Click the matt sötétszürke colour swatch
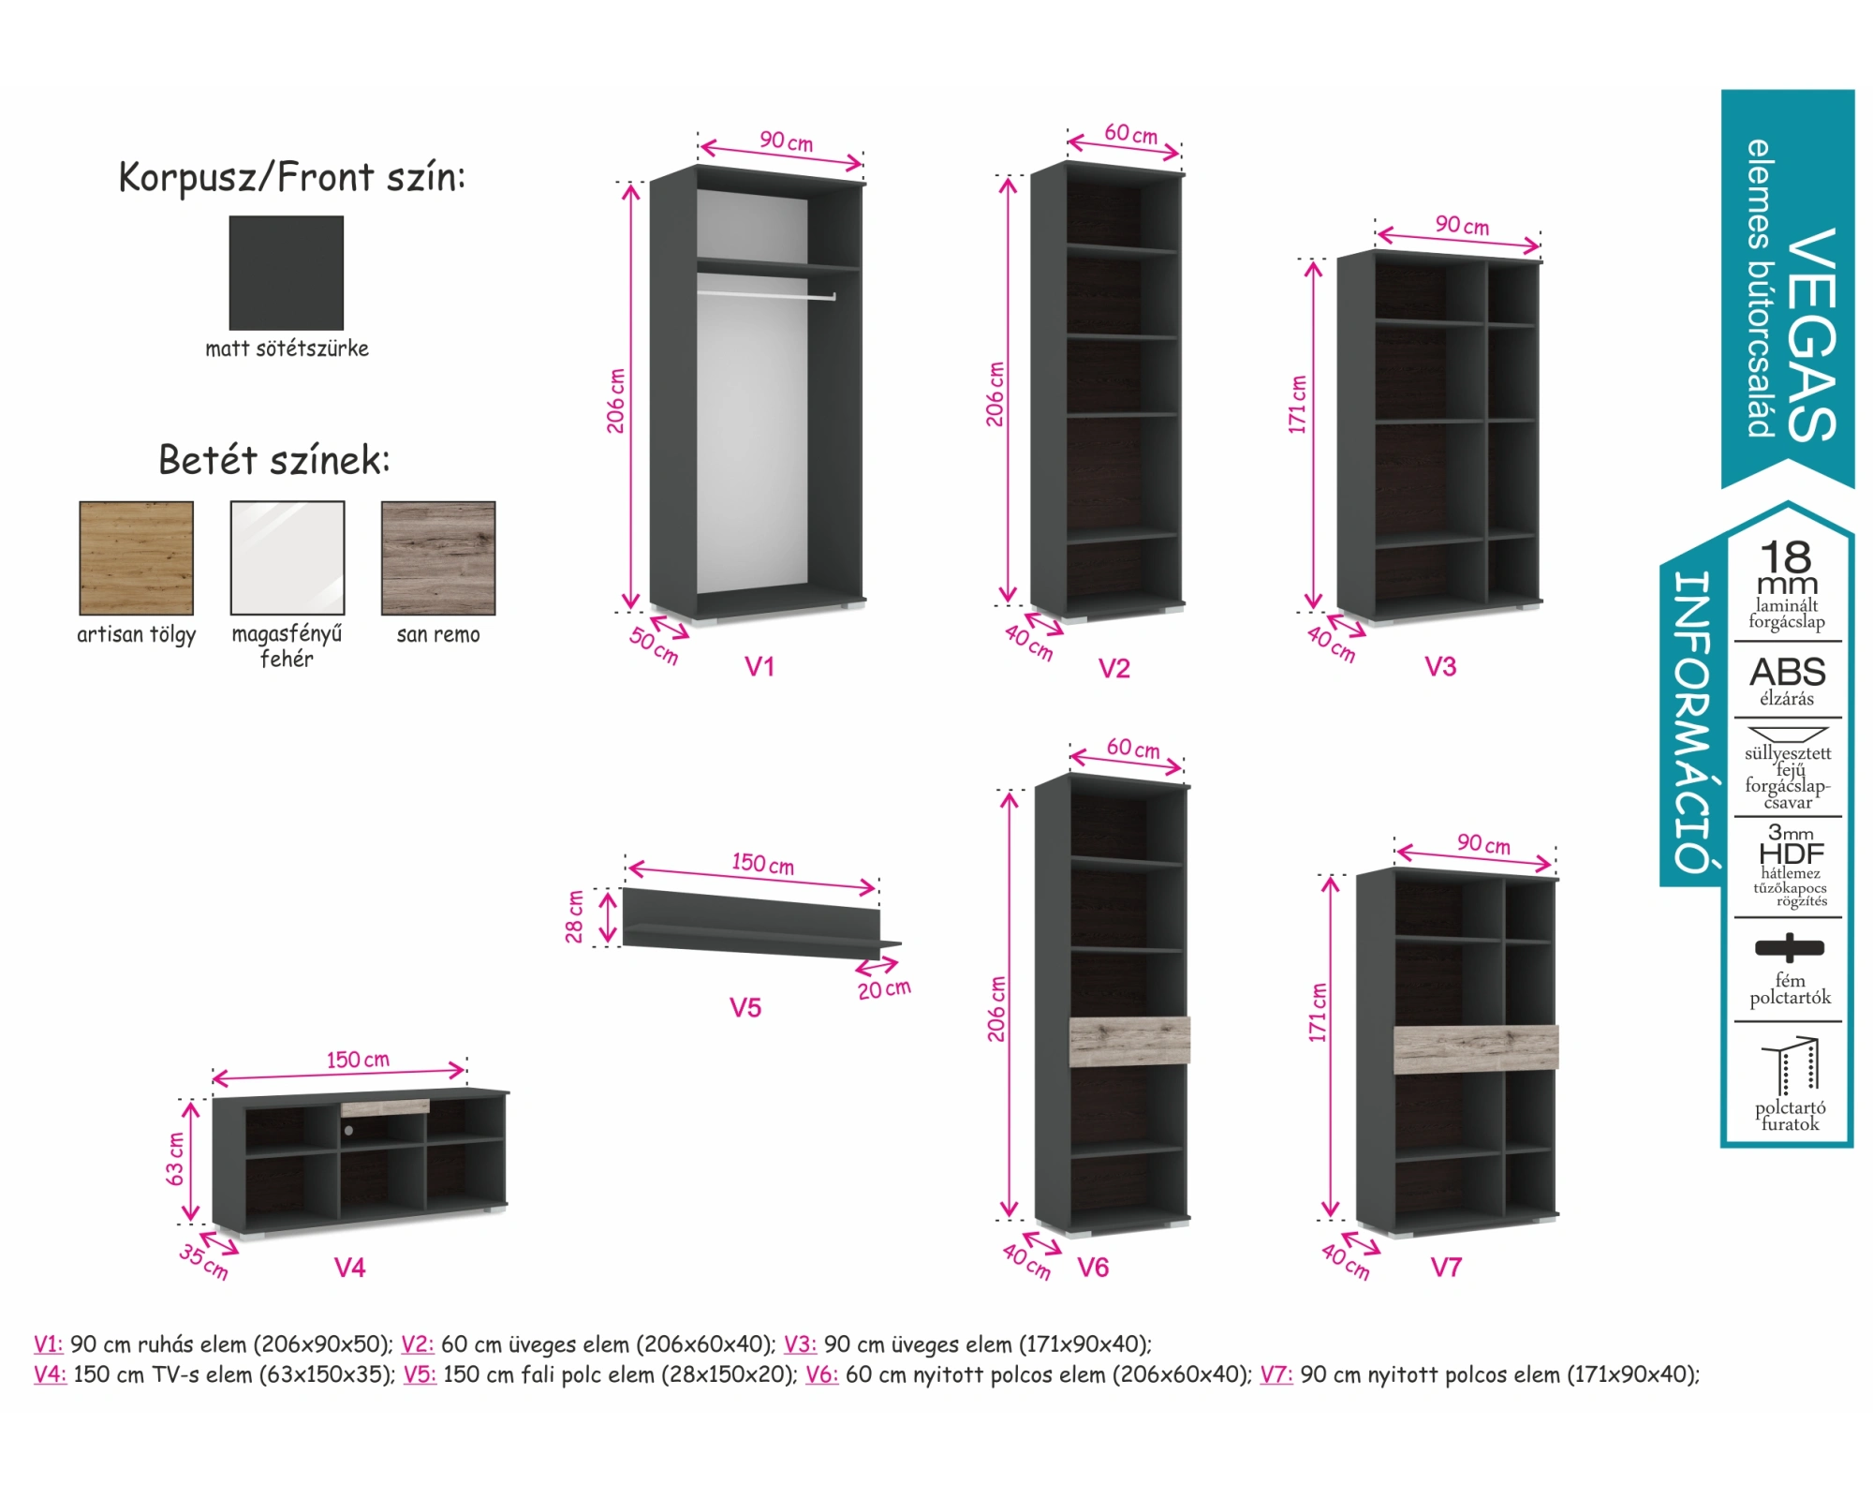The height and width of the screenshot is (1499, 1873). point(286,273)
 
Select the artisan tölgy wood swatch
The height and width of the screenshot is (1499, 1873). point(137,557)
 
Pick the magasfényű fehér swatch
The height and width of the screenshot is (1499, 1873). point(288,557)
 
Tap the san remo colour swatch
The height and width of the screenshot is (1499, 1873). point(438,557)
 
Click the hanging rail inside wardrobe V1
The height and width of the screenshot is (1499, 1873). point(766,296)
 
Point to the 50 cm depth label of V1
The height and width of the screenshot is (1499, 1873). point(654,645)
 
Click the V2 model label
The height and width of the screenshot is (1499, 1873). point(1113,668)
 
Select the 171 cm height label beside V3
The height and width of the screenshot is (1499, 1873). point(1297,405)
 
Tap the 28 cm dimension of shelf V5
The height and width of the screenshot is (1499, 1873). point(574,915)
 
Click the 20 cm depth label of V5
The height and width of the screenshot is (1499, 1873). point(883,988)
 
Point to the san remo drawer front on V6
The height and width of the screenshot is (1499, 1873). point(1128,1041)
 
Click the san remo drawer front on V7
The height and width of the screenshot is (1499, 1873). point(1475,1048)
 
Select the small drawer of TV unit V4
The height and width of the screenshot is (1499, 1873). point(385,1107)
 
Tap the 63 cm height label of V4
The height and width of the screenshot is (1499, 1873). point(175,1159)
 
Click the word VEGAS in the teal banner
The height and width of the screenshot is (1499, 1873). point(1811,335)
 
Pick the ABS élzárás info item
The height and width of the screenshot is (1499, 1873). point(1787,680)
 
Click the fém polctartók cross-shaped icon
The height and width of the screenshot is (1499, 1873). point(1789,947)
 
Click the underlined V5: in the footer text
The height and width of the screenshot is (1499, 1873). point(420,1374)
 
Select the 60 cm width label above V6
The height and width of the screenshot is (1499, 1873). point(1132,749)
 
